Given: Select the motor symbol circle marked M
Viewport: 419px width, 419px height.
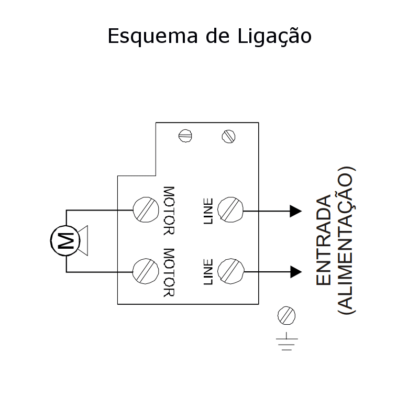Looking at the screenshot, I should pos(65,240).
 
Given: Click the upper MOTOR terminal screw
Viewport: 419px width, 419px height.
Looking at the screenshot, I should pos(146,210).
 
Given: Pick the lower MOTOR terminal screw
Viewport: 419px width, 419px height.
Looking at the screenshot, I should pos(146,271).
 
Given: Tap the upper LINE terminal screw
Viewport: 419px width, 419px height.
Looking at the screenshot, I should pos(230,210).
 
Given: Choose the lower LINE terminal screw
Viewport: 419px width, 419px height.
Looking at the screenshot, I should pos(230,271).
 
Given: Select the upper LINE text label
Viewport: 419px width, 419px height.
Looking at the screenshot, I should pos(208,211).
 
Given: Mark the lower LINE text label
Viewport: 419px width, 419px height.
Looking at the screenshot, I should pos(208,272).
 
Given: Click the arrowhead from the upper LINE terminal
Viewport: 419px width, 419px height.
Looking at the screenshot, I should pos(296,211).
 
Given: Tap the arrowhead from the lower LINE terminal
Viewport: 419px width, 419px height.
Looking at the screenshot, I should pos(296,272).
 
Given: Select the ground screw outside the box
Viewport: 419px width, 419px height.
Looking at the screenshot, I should pos(286,315).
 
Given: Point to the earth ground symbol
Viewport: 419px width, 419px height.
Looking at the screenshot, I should pos(286,341).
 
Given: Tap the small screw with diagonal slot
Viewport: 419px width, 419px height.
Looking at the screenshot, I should pos(228,136).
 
